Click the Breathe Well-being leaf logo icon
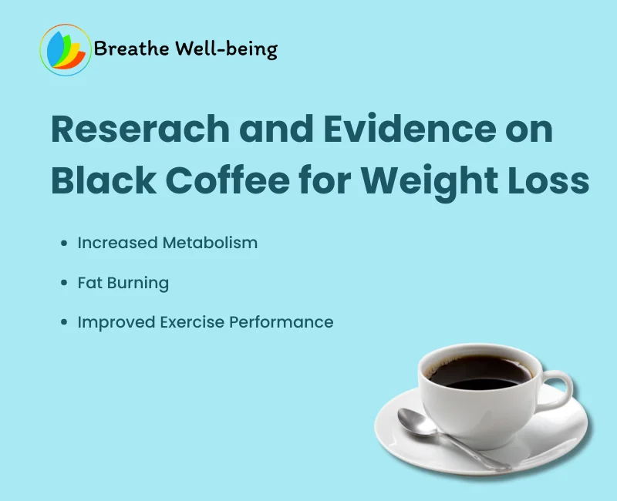65,50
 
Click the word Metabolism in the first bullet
209,243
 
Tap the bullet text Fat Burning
123,283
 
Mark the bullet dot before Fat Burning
65,284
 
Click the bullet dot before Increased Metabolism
65,244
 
